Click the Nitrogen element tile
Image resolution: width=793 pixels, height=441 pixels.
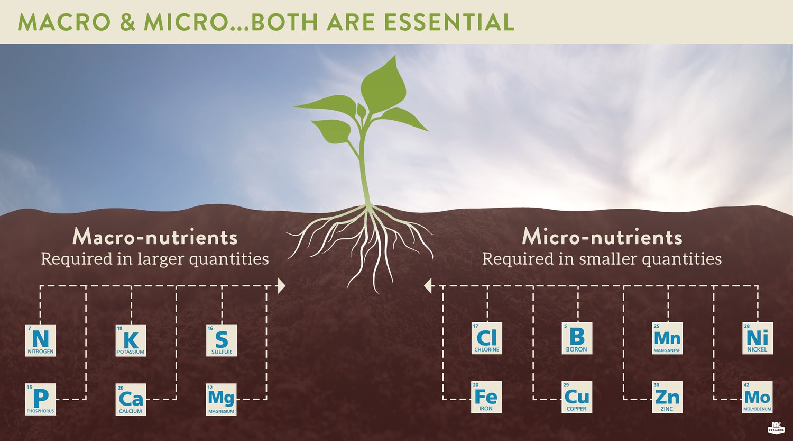click(41, 340)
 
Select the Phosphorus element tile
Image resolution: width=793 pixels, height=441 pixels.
click(41, 399)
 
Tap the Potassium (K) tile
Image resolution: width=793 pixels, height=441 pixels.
click(131, 340)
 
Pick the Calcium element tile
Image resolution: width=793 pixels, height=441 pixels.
click(131, 399)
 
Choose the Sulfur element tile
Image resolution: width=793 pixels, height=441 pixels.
click(222, 340)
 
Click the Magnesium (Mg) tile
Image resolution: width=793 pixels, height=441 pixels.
click(221, 399)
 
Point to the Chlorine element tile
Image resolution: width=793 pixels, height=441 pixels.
click(486, 338)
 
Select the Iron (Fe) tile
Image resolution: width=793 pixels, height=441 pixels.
click(486, 397)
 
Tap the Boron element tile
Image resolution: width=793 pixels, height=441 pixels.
click(577, 338)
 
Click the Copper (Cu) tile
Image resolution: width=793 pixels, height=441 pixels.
click(577, 397)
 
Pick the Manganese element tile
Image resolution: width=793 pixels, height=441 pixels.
click(667, 338)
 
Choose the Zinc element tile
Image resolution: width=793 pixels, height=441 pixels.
click(667, 397)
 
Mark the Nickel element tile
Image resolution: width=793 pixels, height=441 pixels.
click(758, 338)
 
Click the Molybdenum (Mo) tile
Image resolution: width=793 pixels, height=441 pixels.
click(758, 397)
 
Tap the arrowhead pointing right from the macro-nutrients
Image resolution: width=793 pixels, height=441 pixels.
click(282, 286)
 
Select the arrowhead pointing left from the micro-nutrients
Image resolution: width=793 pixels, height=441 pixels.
click(428, 286)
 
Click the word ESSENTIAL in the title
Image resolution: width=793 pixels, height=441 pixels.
click(449, 22)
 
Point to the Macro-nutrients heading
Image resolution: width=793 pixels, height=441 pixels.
click(155, 237)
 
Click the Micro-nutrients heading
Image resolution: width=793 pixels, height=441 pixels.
click(602, 237)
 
